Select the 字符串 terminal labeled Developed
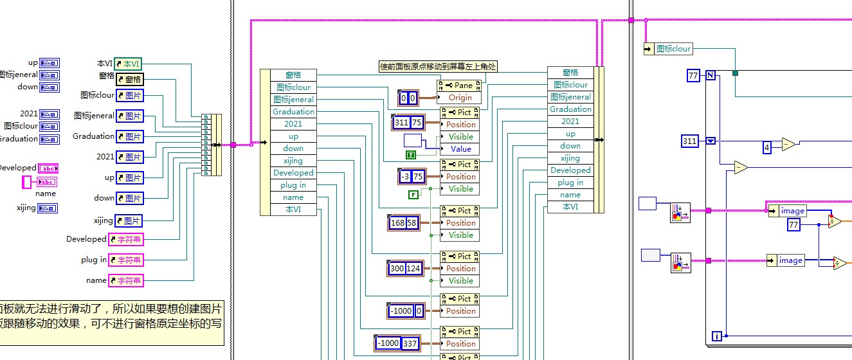[x=125, y=239]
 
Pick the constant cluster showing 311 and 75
[x=408, y=122]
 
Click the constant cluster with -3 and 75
[x=411, y=176]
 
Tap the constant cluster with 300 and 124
[x=406, y=268]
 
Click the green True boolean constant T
[x=410, y=155]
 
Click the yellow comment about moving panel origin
[x=439, y=66]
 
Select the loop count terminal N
[x=711, y=75]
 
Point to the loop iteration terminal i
[x=716, y=336]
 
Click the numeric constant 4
[x=766, y=148]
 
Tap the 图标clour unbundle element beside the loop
[x=673, y=48]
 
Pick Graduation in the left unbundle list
[x=293, y=111]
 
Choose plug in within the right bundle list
[x=570, y=183]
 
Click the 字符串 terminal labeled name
[x=125, y=280]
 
